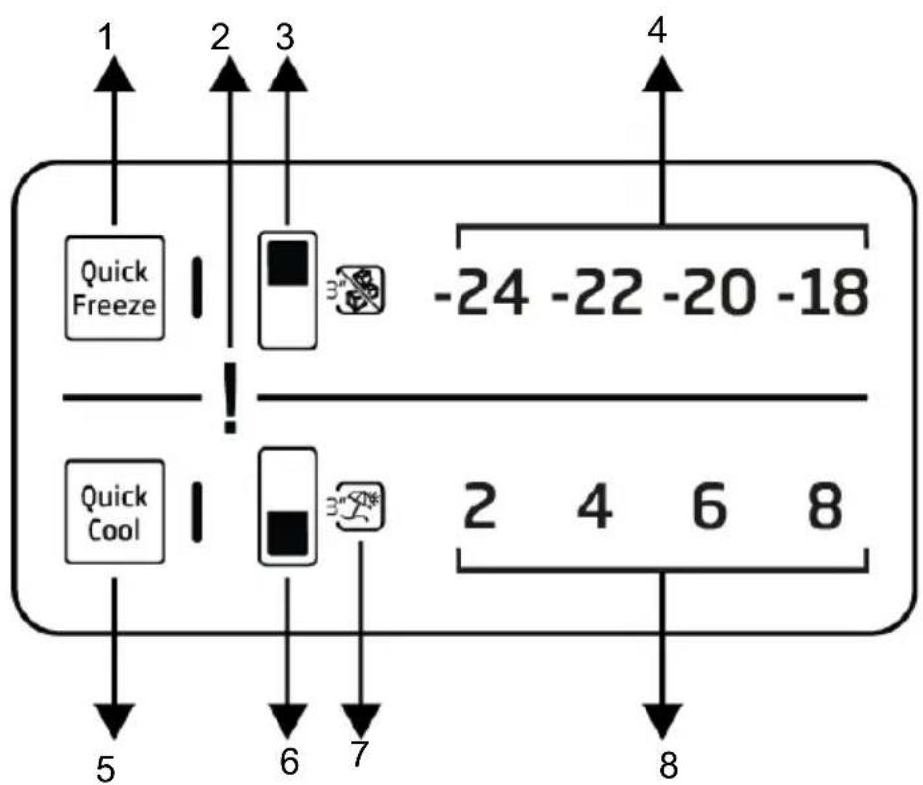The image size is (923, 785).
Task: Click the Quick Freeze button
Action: point(114,288)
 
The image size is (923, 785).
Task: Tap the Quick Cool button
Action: point(114,512)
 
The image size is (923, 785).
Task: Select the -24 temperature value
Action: point(481,292)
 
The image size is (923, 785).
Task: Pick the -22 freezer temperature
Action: point(597,292)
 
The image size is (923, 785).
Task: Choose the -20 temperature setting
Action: point(709,292)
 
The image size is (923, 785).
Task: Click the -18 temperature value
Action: point(823,292)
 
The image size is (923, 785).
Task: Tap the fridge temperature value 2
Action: point(480,505)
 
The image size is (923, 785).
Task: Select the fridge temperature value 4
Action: point(595,505)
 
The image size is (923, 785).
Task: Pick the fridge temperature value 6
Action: point(710,505)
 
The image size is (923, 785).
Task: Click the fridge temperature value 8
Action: point(825,505)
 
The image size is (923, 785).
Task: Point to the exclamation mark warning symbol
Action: point(230,398)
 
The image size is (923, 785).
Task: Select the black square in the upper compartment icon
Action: point(287,263)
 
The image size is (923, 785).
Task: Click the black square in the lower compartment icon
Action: point(287,534)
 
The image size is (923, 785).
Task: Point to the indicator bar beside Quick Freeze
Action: point(197,287)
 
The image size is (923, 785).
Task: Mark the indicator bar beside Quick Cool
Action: point(197,512)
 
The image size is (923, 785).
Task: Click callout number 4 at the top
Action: point(657,30)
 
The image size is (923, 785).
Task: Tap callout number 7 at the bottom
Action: point(359,753)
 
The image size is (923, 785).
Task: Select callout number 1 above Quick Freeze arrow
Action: point(106,37)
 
